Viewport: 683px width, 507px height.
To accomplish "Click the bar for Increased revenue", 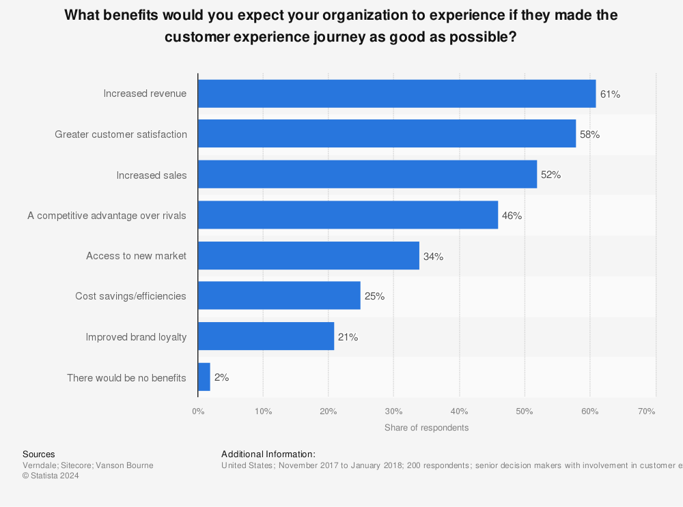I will [397, 93].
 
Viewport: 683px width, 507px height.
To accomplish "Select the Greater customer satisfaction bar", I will [387, 134].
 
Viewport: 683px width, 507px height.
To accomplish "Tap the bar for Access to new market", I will [309, 256].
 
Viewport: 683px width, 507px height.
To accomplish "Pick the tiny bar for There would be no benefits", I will [204, 377].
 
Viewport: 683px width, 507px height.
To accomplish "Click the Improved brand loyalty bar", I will [266, 337].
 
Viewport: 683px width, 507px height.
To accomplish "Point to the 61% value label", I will [610, 94].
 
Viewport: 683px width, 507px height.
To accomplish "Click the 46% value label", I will [512, 216].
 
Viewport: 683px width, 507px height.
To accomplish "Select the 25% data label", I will [374, 297].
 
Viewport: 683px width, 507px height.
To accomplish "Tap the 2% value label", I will [221, 377].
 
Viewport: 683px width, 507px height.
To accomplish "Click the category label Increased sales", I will [151, 175].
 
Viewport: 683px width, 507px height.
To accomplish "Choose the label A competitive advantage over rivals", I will [107, 216].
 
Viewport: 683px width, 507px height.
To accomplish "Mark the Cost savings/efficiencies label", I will [130, 297].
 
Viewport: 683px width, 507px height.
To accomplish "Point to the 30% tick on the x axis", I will [393, 411].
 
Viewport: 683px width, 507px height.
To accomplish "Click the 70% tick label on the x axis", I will [646, 411].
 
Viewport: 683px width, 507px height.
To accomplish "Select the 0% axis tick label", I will [198, 411].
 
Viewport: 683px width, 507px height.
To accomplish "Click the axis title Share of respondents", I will [426, 428].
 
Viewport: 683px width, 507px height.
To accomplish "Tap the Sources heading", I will [39, 454].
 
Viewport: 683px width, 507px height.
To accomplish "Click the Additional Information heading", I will [268, 454].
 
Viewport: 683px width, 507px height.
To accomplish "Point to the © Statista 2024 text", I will [51, 476].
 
